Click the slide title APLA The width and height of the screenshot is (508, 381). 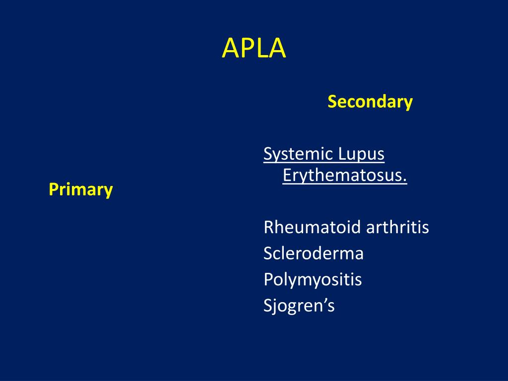(254, 48)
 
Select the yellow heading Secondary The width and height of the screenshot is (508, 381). (370, 102)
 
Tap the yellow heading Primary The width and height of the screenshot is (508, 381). (81, 189)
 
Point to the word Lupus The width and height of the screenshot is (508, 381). (362, 154)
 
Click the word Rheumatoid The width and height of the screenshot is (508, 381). (313, 228)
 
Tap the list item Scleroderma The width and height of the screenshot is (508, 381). (314, 254)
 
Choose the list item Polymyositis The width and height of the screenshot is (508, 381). (313, 280)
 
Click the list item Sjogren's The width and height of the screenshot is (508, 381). (299, 306)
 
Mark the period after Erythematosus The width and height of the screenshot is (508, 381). (405, 181)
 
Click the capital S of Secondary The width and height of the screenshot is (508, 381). (331, 102)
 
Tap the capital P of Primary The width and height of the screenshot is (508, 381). (53, 189)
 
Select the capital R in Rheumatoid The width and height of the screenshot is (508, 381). (268, 228)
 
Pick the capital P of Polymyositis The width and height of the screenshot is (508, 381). (268, 280)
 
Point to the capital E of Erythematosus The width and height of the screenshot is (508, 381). (286, 176)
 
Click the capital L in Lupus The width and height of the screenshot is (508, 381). (342, 154)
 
